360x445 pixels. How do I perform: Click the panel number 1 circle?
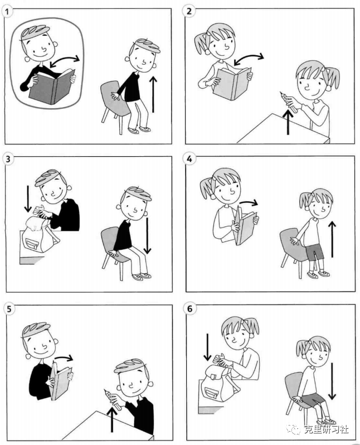pos(8,12)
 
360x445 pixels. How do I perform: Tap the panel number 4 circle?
pos(189,158)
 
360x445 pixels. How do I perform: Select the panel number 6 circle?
pos(190,308)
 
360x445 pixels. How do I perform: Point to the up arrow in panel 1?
pos(153,94)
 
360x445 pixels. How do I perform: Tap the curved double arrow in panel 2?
pos(249,59)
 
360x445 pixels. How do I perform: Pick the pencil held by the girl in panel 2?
pos(289,101)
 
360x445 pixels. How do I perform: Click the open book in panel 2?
pos(232,83)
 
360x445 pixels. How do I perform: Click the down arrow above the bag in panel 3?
pos(28,199)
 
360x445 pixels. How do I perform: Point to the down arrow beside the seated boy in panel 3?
pos(147,235)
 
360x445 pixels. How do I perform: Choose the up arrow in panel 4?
pos(332,239)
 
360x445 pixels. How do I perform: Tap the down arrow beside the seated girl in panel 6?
pos(332,381)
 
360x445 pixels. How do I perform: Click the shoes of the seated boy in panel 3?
pos(142,276)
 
